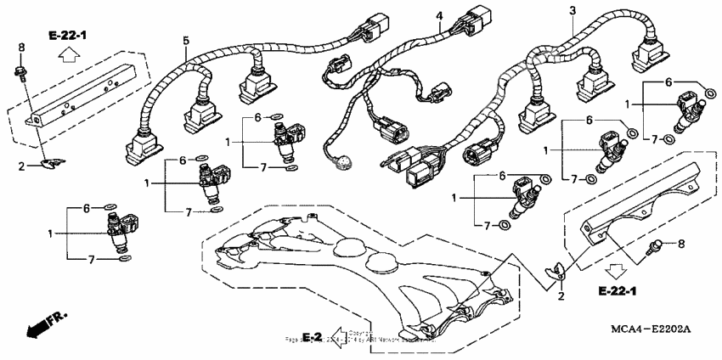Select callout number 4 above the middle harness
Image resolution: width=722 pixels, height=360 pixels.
click(439, 16)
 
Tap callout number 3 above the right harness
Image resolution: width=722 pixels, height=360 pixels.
click(572, 9)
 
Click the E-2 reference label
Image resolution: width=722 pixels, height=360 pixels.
click(311, 337)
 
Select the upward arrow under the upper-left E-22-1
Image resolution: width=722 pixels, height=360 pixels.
click(67, 56)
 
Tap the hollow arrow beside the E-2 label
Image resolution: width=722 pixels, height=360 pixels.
click(339, 336)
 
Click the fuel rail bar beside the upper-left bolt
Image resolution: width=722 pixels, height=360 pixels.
click(85, 93)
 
